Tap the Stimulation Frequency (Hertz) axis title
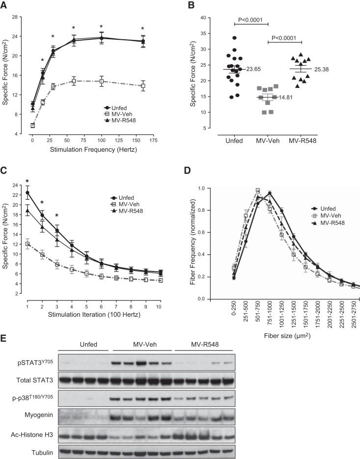click(92, 149)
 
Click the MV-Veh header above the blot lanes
click(142, 359)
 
